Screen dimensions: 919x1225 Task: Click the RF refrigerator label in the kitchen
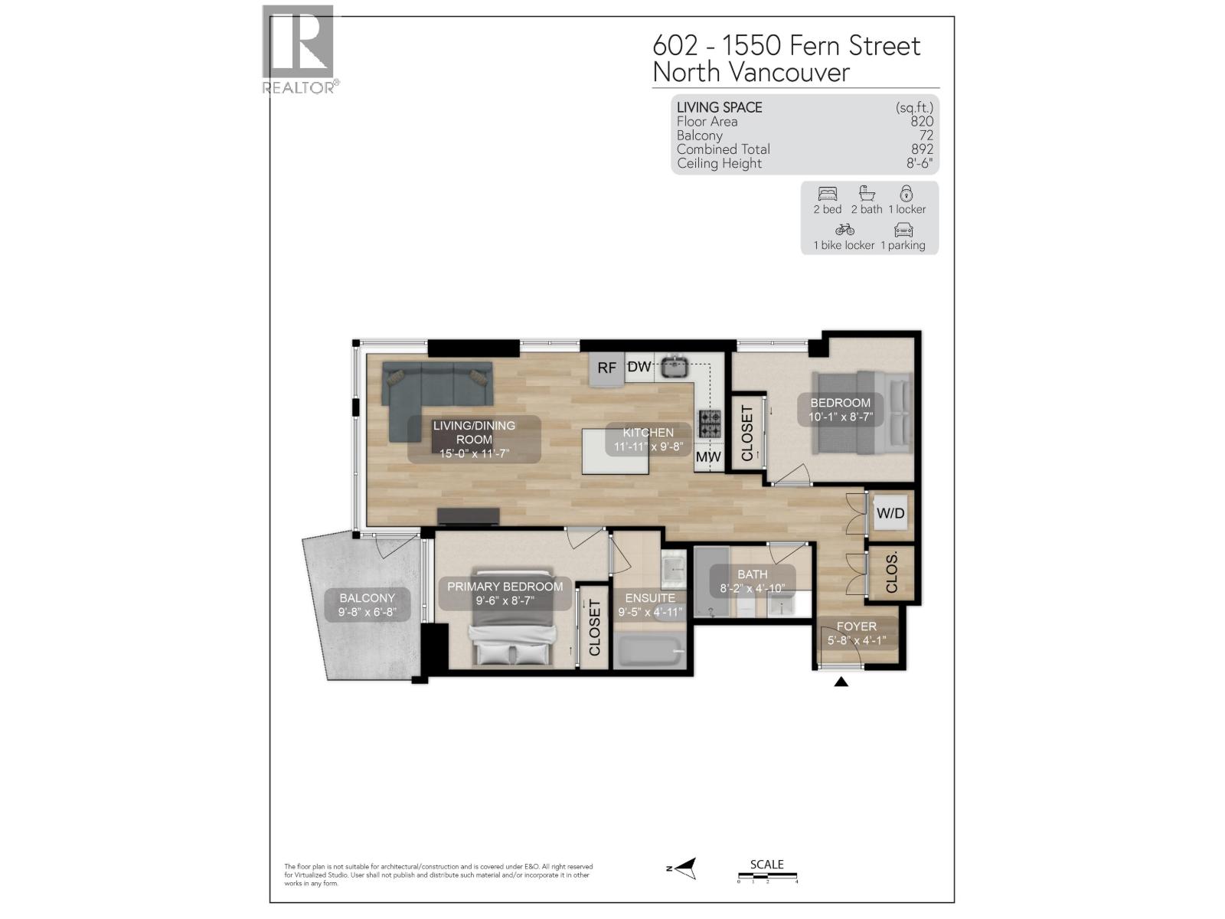(x=606, y=368)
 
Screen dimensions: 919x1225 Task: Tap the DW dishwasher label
(x=639, y=367)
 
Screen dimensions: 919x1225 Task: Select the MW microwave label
(x=708, y=457)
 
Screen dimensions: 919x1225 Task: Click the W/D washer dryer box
(x=890, y=513)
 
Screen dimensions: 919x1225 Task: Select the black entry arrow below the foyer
(x=841, y=681)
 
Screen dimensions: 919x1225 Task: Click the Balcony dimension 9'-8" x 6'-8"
(x=367, y=612)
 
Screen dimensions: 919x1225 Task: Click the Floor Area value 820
(x=922, y=121)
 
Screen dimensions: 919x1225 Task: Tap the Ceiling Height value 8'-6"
(x=919, y=163)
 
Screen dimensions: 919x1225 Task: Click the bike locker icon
(x=844, y=229)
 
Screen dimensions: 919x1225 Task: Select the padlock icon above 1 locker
(x=906, y=193)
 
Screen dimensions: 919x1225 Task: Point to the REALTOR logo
(x=299, y=50)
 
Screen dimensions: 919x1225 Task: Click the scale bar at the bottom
(x=767, y=875)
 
